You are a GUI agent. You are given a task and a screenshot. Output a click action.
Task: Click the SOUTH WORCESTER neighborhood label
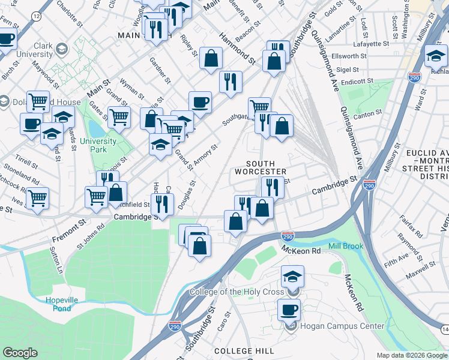point(261,169)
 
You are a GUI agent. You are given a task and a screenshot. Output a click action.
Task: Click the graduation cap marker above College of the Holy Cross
point(293,277)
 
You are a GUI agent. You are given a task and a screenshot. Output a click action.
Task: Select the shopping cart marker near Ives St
point(38,197)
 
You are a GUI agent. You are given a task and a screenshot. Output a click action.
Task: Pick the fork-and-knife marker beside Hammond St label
point(231,82)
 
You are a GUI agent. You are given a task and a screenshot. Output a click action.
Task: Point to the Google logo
point(20,352)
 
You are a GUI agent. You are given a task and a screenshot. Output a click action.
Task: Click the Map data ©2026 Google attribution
point(411,355)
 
